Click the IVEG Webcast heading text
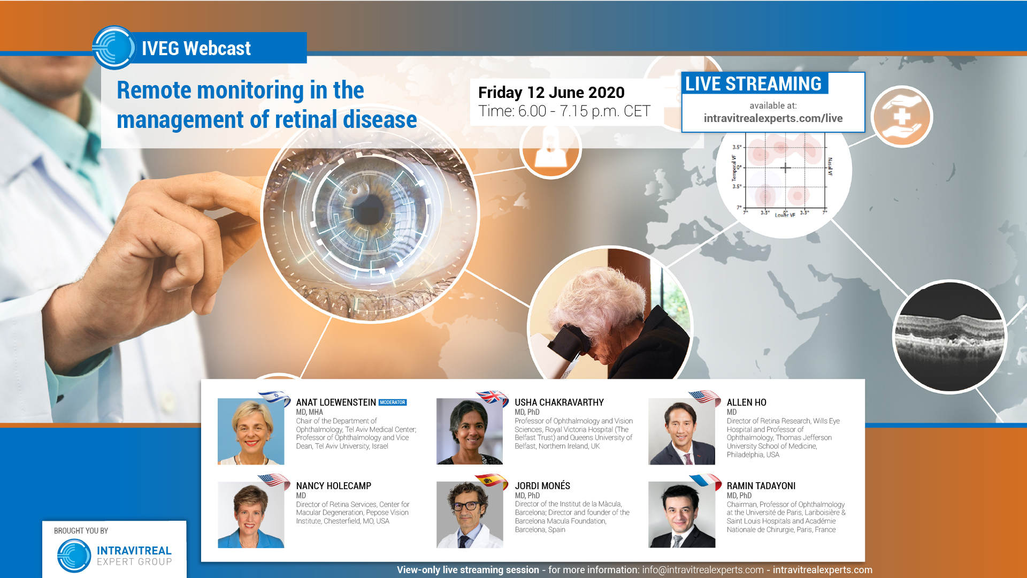point(196,49)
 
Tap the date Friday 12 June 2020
point(551,93)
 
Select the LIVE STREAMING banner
point(753,84)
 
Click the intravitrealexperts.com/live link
point(773,118)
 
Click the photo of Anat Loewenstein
point(250,431)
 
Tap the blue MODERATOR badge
point(393,402)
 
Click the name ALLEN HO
point(746,402)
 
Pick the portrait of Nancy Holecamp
point(250,514)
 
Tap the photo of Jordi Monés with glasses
point(469,514)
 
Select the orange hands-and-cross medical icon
point(902,117)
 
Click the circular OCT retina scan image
point(949,337)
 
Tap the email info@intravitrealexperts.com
point(702,570)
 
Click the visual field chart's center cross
point(785,168)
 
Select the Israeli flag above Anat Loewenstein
point(274,397)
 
